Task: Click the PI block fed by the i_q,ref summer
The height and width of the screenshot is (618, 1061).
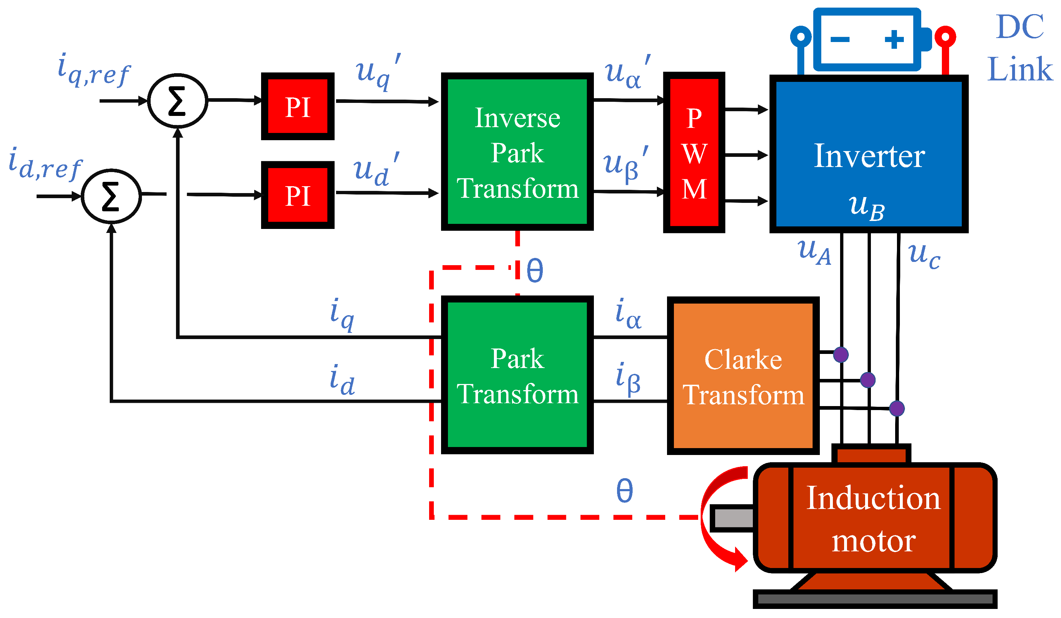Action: [x=298, y=106]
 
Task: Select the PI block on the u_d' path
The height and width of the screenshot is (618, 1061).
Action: [x=298, y=195]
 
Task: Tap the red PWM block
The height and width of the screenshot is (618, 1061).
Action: [x=694, y=153]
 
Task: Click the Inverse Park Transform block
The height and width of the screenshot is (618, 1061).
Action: [x=517, y=152]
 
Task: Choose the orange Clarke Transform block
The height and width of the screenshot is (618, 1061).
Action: [x=743, y=376]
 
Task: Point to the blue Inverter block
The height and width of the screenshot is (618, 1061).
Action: [x=869, y=154]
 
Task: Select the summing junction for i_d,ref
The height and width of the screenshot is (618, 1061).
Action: [x=111, y=196]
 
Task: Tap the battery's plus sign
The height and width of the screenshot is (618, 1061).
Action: [x=894, y=40]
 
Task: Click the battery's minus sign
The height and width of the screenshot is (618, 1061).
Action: [x=840, y=40]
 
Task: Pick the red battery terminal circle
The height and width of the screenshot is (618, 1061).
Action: [x=945, y=37]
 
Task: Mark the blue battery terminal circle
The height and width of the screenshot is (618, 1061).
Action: [x=801, y=37]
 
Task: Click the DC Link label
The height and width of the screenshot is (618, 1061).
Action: [x=1020, y=47]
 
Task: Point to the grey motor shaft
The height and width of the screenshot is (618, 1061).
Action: [x=733, y=518]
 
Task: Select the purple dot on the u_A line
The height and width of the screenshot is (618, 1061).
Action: [x=841, y=355]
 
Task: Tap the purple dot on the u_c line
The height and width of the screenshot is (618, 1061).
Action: [x=897, y=408]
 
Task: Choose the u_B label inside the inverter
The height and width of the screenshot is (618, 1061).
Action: [x=867, y=207]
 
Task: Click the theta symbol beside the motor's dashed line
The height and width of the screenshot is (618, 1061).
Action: [x=624, y=490]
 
